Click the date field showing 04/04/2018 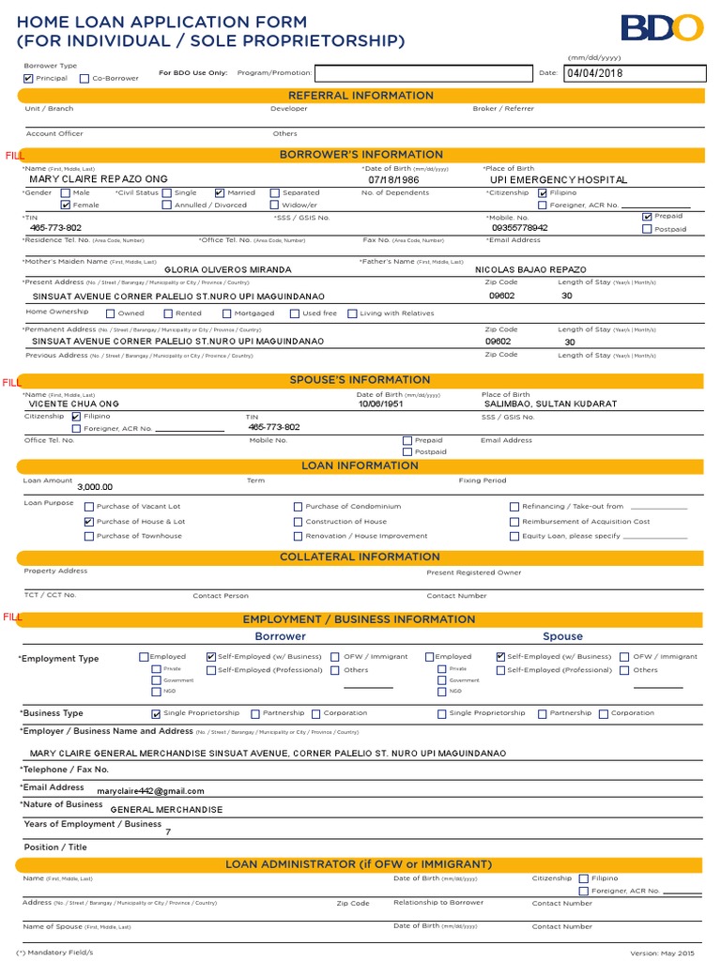click(x=634, y=73)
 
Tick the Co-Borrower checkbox click(x=84, y=79)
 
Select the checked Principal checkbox click(x=28, y=79)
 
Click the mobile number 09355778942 click(x=519, y=228)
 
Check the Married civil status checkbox click(x=220, y=192)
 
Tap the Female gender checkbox click(x=65, y=205)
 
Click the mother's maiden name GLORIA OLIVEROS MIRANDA click(x=227, y=269)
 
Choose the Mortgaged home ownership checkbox click(x=227, y=313)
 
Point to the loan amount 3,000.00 click(x=95, y=487)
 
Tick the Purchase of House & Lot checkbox click(x=89, y=522)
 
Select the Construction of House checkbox click(x=299, y=522)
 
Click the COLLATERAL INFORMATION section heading click(x=360, y=557)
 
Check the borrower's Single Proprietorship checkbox click(x=156, y=714)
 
